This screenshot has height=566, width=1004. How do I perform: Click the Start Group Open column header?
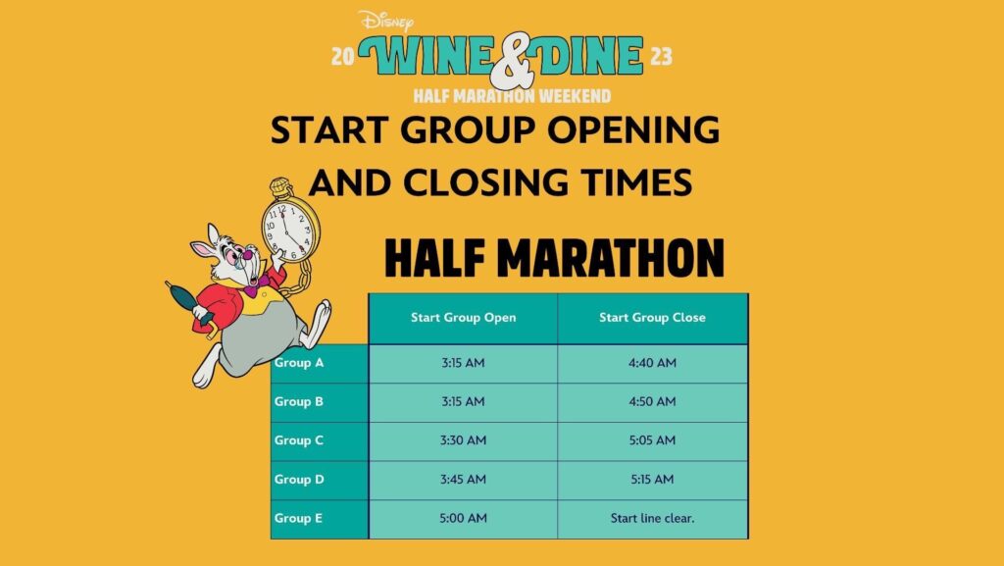pyautogui.click(x=463, y=318)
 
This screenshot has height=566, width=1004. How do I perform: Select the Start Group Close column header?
pyautogui.click(x=652, y=318)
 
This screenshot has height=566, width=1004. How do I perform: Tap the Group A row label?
pyautogui.click(x=299, y=362)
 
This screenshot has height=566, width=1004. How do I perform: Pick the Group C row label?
pyautogui.click(x=299, y=440)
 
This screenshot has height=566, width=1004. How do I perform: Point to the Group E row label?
pyautogui.click(x=298, y=518)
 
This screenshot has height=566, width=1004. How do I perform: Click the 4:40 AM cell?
pyautogui.click(x=652, y=363)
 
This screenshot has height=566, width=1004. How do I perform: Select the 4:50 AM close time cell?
pyautogui.click(x=652, y=401)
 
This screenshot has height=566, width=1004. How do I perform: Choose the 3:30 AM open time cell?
pyautogui.click(x=463, y=440)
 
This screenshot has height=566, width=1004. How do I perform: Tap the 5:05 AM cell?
pyautogui.click(x=652, y=440)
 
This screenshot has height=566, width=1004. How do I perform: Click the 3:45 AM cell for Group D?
pyautogui.click(x=463, y=480)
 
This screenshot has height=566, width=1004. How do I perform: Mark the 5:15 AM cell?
pyautogui.click(x=652, y=480)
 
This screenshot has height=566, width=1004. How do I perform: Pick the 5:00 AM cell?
pyautogui.click(x=463, y=519)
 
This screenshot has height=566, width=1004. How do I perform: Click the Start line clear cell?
pyautogui.click(x=652, y=519)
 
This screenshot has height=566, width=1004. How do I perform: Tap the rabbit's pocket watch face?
pyautogui.click(x=290, y=229)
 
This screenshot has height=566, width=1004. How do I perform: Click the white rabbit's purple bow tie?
pyautogui.click(x=256, y=284)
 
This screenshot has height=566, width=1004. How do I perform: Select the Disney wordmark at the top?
pyautogui.click(x=386, y=22)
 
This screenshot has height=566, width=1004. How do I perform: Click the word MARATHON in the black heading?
pyautogui.click(x=611, y=258)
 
